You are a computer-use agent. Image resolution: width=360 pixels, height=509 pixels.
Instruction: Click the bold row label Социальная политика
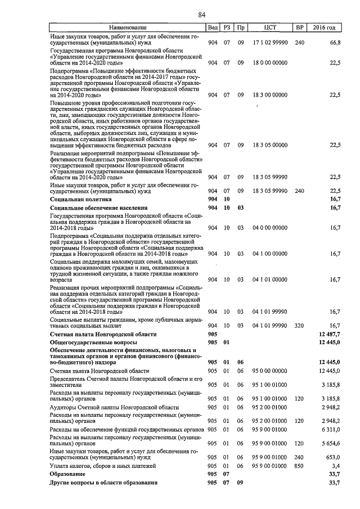click(80, 199)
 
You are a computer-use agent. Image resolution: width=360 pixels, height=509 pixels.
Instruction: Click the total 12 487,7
click(329, 334)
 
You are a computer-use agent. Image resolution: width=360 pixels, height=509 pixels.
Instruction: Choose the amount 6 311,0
click(330, 429)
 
